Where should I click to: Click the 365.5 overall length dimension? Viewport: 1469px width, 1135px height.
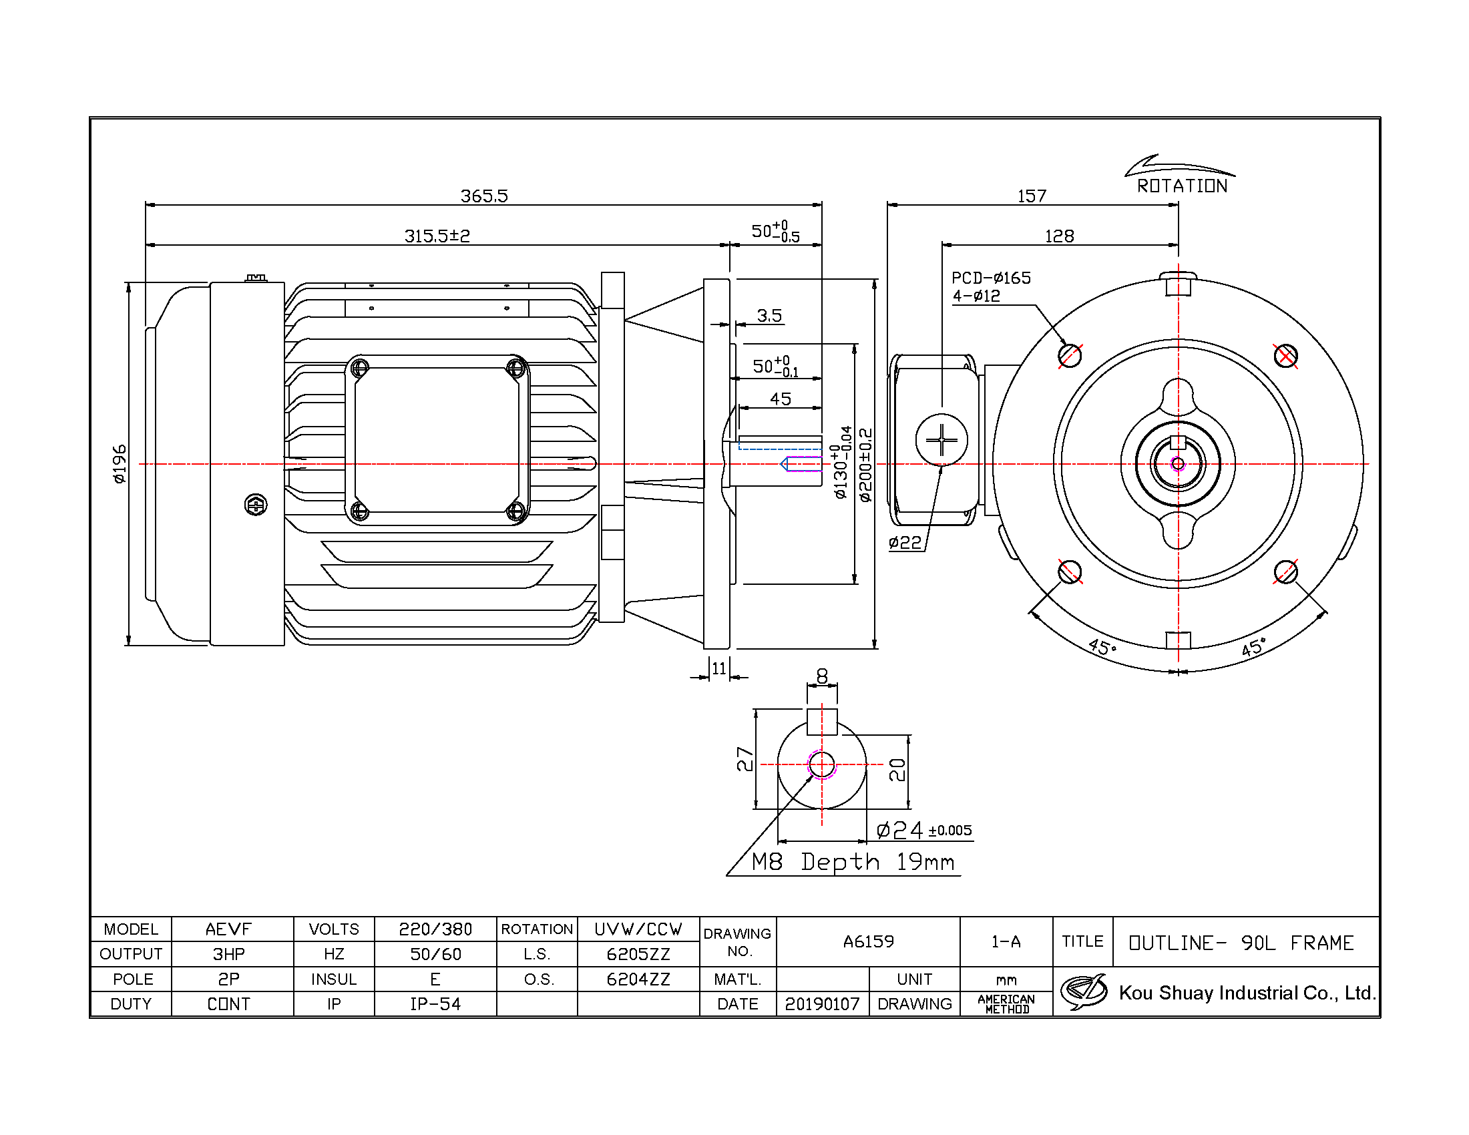483,196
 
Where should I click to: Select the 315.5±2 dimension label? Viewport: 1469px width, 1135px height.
437,236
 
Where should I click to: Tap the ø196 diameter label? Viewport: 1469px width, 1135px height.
119,464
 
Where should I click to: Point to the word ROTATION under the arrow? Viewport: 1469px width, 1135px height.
1182,186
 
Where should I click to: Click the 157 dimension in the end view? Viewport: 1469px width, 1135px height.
1032,196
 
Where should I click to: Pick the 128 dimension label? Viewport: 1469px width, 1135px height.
1060,236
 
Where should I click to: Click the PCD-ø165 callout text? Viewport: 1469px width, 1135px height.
991,278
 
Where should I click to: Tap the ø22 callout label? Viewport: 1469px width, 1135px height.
905,543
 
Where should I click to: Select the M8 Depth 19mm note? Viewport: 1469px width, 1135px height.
853,862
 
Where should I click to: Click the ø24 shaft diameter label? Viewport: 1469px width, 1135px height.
900,830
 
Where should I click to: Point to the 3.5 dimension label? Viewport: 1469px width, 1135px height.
769,315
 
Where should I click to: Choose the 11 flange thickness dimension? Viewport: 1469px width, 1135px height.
719,668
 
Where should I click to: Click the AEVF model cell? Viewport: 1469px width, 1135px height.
228,929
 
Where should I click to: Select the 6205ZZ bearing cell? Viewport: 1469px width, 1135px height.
638,954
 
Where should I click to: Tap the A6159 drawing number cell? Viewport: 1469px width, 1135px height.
868,941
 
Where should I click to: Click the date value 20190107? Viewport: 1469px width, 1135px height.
822,1004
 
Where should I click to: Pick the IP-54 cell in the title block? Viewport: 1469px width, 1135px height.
436,1004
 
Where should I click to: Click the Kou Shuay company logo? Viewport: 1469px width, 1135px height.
1084,991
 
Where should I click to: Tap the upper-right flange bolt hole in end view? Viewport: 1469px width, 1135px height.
1285,356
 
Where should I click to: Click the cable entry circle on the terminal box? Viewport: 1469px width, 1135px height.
941,440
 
